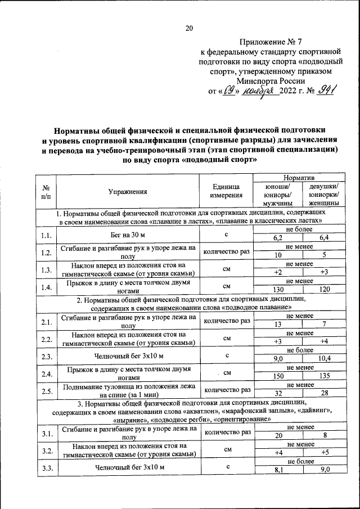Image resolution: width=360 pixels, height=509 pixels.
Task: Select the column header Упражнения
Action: coord(128,192)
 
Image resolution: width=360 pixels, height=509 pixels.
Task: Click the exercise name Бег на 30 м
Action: coord(128,235)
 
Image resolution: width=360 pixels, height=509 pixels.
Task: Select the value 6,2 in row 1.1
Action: coord(277,239)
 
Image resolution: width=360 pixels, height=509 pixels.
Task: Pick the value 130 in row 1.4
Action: coord(277,290)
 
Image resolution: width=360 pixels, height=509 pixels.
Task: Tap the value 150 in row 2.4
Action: coord(277,376)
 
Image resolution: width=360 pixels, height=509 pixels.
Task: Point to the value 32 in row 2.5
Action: coord(277,393)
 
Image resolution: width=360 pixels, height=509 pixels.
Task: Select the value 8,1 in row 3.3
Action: coord(277,470)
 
